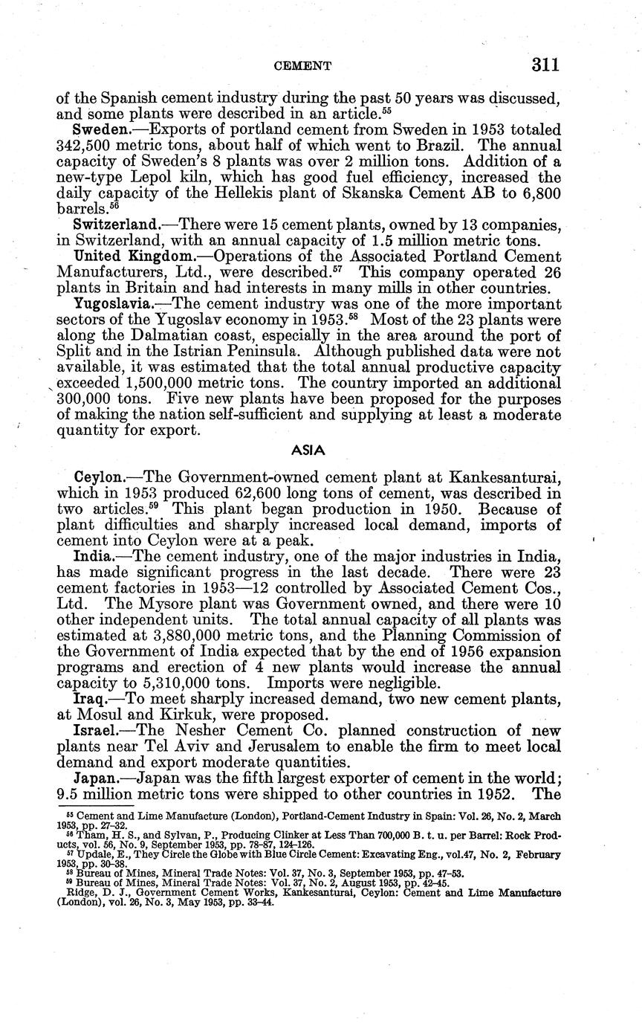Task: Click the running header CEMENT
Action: (302, 66)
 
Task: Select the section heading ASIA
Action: (305, 451)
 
